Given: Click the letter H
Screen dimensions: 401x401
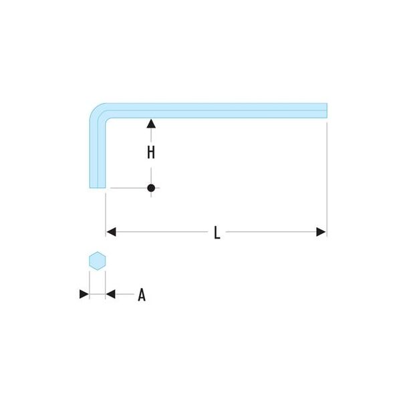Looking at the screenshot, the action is pyautogui.click(x=151, y=152).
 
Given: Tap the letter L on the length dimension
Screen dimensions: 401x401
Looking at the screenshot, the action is pyautogui.click(x=217, y=233).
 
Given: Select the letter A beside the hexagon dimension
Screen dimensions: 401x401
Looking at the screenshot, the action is pyautogui.click(x=142, y=295).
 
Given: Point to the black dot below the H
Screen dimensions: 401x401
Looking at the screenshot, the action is pyautogui.click(x=151, y=188).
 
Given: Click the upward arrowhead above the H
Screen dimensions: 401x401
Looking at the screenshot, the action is pyautogui.click(x=151, y=124).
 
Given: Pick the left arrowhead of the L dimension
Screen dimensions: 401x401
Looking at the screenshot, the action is pyautogui.click(x=111, y=232).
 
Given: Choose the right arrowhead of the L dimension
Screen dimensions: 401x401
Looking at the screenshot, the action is pyautogui.click(x=321, y=232).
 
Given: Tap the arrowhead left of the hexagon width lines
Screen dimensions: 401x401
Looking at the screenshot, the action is pyautogui.click(x=84, y=294).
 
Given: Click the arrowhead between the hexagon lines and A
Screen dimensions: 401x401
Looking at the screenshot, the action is pyautogui.click(x=110, y=294).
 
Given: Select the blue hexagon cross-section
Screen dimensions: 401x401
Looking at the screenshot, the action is pyautogui.click(x=98, y=261).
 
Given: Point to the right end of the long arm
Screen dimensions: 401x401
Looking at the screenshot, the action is pyautogui.click(x=327, y=110).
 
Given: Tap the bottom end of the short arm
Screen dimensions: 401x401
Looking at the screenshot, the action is pyautogui.click(x=98, y=188).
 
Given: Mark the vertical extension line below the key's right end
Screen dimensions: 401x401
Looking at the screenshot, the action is pyautogui.click(x=327, y=180).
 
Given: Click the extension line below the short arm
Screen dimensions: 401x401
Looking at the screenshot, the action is pyautogui.click(x=106, y=215).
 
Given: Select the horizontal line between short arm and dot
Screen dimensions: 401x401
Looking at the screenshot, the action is pyautogui.click(x=128, y=188).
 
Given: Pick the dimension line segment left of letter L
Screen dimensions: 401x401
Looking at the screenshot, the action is pyautogui.click(x=162, y=232).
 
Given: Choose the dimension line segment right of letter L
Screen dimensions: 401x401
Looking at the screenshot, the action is pyautogui.click(x=271, y=232).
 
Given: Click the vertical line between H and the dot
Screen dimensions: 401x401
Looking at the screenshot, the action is pyautogui.click(x=151, y=176).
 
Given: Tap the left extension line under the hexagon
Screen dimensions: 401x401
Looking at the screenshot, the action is pyautogui.click(x=90, y=285).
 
